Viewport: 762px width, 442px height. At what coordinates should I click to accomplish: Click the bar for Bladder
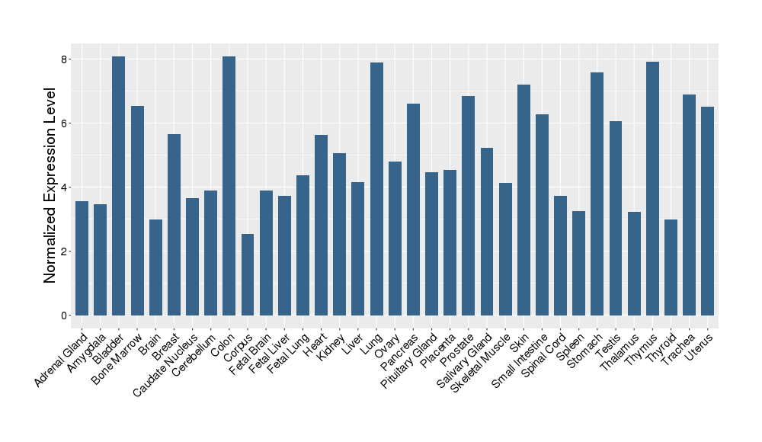click(x=119, y=186)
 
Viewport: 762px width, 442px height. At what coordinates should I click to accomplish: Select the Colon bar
click(x=229, y=186)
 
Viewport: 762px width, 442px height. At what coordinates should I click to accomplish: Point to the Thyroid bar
click(x=671, y=267)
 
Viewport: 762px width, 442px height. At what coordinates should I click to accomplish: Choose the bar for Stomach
click(x=597, y=194)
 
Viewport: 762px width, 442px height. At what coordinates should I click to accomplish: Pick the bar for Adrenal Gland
click(x=82, y=258)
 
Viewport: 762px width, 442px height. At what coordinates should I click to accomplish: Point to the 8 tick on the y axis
click(x=66, y=59)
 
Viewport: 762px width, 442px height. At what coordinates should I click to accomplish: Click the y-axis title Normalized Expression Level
click(x=50, y=186)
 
